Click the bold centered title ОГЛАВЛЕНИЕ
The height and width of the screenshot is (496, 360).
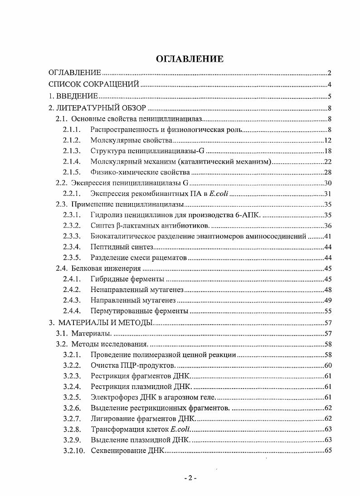click(190, 59)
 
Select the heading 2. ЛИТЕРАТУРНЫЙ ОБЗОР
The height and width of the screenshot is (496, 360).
click(97, 108)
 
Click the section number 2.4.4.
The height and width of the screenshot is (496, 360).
click(72, 311)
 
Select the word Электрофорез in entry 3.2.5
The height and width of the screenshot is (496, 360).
click(112, 397)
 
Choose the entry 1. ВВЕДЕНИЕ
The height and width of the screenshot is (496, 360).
click(73, 96)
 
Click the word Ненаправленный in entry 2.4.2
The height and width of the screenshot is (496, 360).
click(115, 290)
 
